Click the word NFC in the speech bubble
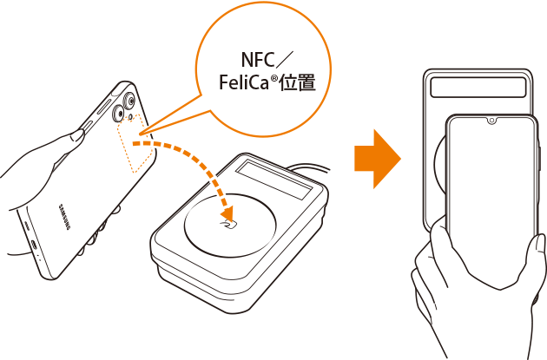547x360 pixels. coord(258,60)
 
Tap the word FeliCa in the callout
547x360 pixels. coord(243,82)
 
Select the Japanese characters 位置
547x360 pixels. coord(299,83)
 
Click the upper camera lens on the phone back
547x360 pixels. coord(130,101)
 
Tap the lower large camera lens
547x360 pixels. coord(118,113)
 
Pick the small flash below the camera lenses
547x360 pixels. coord(130,117)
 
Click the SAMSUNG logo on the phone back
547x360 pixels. coord(64,217)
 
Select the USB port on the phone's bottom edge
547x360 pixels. coord(35,244)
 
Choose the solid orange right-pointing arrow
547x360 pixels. coord(378,159)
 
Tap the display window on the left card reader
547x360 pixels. coord(274,180)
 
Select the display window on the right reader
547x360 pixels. coord(478,87)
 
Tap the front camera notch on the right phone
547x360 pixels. coord(491,121)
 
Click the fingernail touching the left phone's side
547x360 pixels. coord(78,134)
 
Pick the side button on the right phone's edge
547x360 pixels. coord(540,160)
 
